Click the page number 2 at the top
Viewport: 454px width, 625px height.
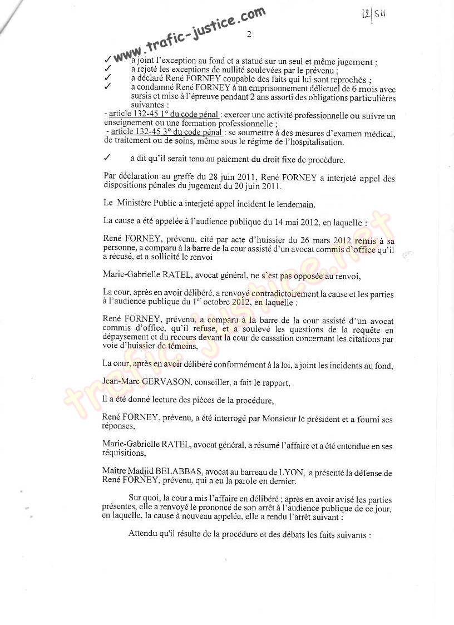[249, 35]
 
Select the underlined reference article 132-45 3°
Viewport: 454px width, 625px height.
[137, 132]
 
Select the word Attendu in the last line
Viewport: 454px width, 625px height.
[144, 534]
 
